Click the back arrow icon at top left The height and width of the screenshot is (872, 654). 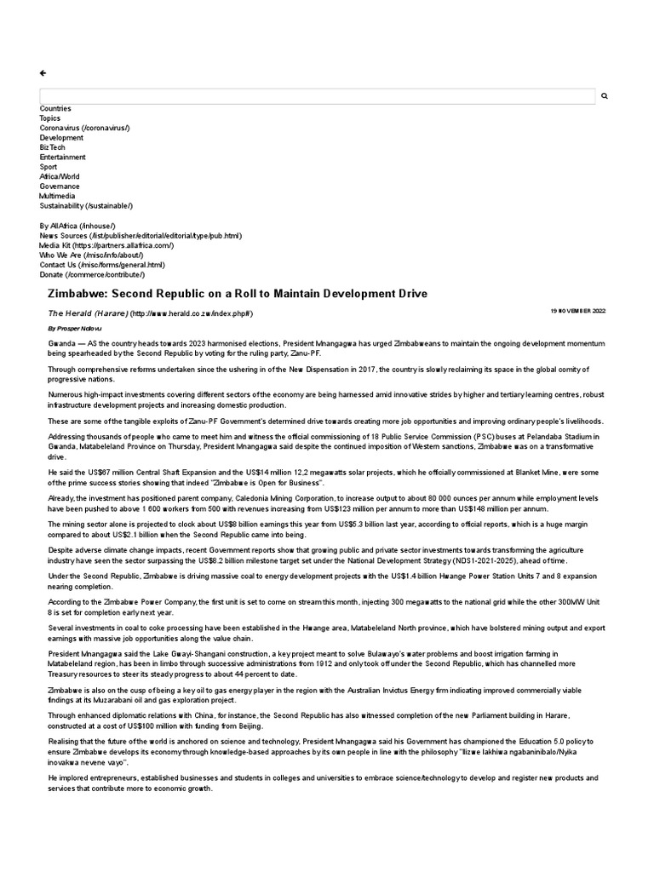pyautogui.click(x=43, y=73)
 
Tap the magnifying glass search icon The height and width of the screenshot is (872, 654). pyautogui.click(x=605, y=96)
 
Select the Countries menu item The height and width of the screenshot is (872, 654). pyautogui.click(x=55, y=109)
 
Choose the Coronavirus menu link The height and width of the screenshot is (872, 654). pyautogui.click(x=84, y=128)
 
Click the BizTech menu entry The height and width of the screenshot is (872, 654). pyautogui.click(x=52, y=147)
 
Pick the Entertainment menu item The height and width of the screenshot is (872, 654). pyautogui.click(x=62, y=158)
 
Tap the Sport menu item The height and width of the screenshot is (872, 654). pyautogui.click(x=49, y=167)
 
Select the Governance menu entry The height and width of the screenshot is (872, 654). pyautogui.click(x=60, y=186)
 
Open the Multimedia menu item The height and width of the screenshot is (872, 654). pyautogui.click(x=57, y=196)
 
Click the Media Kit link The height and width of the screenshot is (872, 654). pyautogui.click(x=106, y=245)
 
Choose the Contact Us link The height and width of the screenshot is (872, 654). pyautogui.click(x=101, y=265)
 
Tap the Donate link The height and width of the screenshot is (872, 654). pyautogui.click(x=92, y=275)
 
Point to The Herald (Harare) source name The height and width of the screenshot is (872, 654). pyautogui.click(x=88, y=313)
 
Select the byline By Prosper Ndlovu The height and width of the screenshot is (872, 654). pyautogui.click(x=75, y=327)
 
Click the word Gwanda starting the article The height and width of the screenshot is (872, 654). pyautogui.click(x=60, y=341)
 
